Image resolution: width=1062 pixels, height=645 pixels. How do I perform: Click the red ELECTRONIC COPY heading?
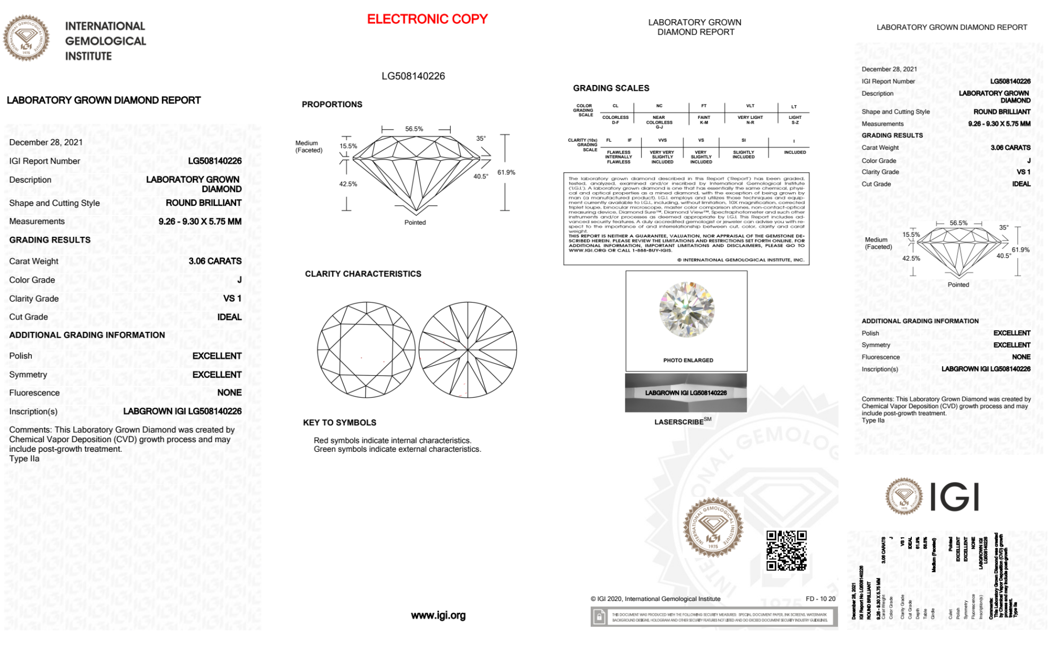pos(427,19)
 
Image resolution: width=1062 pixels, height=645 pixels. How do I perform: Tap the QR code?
pos(786,550)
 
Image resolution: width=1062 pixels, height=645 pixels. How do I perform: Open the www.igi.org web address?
pos(438,615)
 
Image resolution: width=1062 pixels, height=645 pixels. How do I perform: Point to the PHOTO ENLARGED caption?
pos(688,360)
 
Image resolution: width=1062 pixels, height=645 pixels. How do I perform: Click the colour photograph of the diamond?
pos(687,309)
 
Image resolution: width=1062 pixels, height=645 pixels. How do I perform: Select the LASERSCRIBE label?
pos(679,422)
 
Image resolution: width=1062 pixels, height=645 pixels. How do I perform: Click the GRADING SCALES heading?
pos(611,88)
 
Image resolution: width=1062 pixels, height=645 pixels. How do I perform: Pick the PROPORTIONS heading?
pos(332,105)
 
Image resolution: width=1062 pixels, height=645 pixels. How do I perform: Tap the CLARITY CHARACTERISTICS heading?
pos(363,274)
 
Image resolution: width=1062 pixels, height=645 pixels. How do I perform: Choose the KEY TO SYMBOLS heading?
pos(340,423)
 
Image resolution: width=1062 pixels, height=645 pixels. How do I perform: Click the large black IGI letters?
pos(955,497)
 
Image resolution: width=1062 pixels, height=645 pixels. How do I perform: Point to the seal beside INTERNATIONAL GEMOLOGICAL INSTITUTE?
pos(26,38)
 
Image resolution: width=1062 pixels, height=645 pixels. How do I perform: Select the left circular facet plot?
pos(366,350)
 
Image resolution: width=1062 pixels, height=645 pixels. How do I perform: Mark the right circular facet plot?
pos(468,350)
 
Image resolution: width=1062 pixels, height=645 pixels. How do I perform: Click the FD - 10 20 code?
pos(820,599)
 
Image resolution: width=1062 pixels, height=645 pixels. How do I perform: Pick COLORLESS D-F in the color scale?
pos(615,120)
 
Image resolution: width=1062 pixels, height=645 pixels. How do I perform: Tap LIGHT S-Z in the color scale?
pos(795,120)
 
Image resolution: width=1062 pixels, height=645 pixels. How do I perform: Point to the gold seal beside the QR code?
pos(713,527)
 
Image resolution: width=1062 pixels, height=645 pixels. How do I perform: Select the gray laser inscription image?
pos(686,393)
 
